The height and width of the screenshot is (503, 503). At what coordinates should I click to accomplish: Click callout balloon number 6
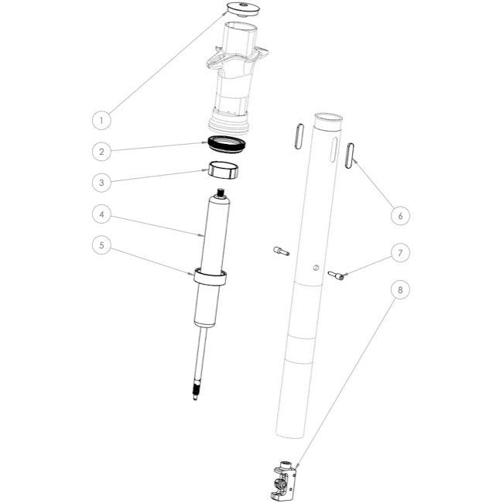[x=399, y=215]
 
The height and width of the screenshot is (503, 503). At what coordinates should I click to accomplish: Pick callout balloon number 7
[x=399, y=253]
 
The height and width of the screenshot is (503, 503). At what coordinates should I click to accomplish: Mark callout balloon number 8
[x=399, y=292]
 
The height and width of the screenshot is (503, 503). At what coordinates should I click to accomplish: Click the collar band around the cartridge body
[x=210, y=276]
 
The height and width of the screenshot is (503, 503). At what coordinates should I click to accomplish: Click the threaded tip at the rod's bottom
[x=196, y=392]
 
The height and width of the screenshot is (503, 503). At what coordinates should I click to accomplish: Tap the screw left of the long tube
[x=281, y=250]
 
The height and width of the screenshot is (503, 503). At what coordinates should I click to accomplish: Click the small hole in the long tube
[x=315, y=268]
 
